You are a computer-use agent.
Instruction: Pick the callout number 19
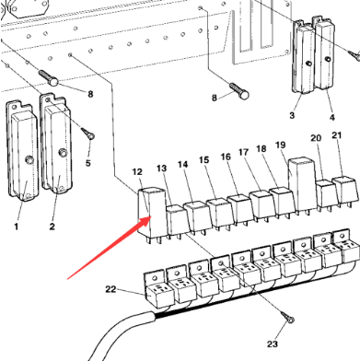[281, 146]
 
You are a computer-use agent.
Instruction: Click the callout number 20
[316, 138]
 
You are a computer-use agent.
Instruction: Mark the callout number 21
[337, 135]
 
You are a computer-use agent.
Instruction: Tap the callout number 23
[272, 344]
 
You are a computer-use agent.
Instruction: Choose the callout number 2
[52, 225]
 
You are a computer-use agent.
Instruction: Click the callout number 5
[88, 163]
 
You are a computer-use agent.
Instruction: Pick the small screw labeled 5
[89, 135]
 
